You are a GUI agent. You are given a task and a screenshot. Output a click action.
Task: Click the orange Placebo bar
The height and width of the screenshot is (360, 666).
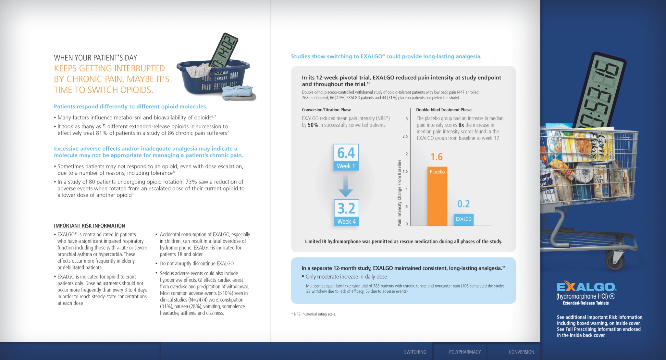click(437, 196)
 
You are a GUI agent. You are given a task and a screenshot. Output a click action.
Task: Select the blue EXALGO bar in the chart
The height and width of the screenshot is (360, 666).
click(463, 219)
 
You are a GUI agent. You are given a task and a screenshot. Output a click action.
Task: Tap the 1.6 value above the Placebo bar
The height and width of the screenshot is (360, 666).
click(437, 157)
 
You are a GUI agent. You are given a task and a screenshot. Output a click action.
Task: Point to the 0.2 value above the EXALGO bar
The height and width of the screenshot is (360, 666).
click(463, 204)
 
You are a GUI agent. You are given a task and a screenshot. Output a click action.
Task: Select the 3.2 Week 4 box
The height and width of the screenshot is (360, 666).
click(346, 213)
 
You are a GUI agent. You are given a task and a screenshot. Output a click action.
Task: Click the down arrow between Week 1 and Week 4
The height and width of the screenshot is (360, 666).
click(346, 185)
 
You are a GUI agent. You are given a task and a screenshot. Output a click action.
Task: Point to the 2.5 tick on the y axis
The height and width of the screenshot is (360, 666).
click(405, 136)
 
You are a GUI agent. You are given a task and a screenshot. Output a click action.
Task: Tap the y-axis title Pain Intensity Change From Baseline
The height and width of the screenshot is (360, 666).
click(400, 193)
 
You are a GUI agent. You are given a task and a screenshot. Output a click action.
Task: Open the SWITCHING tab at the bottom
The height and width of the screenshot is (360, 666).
click(415, 352)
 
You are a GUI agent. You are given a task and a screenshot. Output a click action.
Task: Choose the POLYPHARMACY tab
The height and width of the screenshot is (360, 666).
click(465, 352)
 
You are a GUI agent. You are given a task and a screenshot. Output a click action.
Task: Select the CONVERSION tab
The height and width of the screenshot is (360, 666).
click(521, 352)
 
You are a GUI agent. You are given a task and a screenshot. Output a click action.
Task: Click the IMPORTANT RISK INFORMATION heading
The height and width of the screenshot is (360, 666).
click(89, 226)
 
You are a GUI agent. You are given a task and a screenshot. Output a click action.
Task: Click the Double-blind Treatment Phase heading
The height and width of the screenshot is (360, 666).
click(444, 110)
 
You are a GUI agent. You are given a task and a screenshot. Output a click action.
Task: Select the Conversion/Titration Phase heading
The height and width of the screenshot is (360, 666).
click(327, 110)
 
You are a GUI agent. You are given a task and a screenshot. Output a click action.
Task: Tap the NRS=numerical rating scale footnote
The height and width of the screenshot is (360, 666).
click(314, 314)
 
